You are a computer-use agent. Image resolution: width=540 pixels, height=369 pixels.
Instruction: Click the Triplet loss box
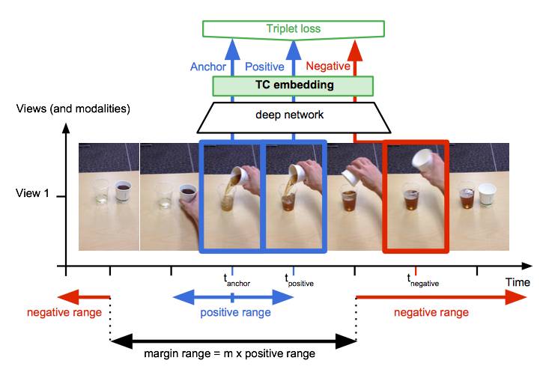pyautogui.click(x=294, y=29)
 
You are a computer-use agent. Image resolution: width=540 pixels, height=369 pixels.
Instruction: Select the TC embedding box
pyautogui.click(x=294, y=85)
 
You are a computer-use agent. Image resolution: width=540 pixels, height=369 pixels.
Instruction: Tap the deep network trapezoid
pyautogui.click(x=294, y=116)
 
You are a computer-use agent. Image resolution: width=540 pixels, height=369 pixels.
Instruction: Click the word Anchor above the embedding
pyautogui.click(x=208, y=67)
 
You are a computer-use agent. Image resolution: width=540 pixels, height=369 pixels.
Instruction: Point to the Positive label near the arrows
pyautogui.click(x=265, y=67)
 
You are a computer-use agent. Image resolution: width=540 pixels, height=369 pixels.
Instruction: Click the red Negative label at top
pyautogui.click(x=328, y=67)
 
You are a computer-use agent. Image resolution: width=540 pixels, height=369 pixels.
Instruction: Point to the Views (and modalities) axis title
pyautogui.click(x=73, y=109)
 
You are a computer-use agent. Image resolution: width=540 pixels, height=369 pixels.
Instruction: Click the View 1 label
pyautogui.click(x=33, y=193)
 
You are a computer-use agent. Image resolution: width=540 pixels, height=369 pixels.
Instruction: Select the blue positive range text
pyautogui.click(x=235, y=313)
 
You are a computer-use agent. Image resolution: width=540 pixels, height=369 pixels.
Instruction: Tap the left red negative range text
pyautogui.click(x=64, y=312)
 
